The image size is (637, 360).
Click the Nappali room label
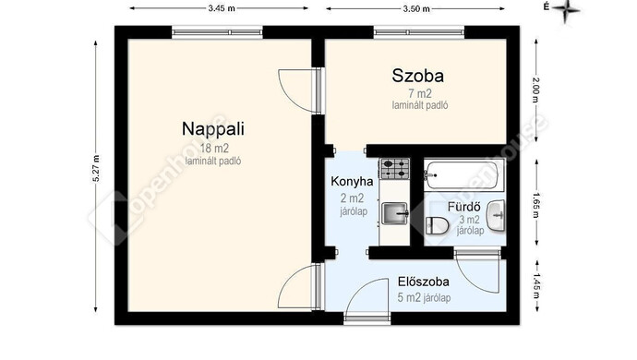[x=213, y=129]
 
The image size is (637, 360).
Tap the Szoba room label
[x=417, y=76]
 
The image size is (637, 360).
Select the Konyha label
[x=352, y=181]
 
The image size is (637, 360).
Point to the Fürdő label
[x=464, y=207]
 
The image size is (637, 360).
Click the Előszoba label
[x=424, y=282]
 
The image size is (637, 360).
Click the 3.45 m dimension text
[x=222, y=8]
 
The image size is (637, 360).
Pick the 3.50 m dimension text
[x=416, y=8]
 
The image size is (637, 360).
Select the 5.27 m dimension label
[x=96, y=168]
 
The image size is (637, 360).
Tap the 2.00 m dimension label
[x=536, y=90]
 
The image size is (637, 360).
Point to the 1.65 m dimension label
[x=536, y=205]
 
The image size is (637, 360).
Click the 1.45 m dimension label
[x=536, y=286]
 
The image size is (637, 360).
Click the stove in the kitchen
[x=394, y=169]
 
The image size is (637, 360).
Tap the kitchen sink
[x=395, y=213]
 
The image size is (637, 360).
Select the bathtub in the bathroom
[x=461, y=175]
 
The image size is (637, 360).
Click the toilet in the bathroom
[x=437, y=225]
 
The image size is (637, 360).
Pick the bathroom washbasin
[x=496, y=215]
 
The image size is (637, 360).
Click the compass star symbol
[x=566, y=10]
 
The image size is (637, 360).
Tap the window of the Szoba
[x=419, y=32]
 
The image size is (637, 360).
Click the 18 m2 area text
[x=214, y=149]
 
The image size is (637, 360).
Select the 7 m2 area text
[x=420, y=93]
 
